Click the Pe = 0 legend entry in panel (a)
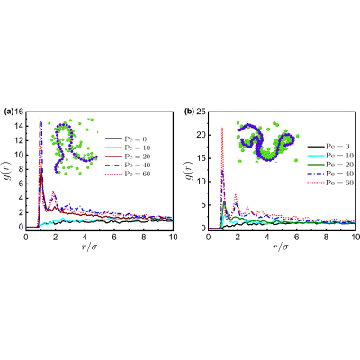click(x=128, y=139)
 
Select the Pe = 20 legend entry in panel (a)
click(x=128, y=157)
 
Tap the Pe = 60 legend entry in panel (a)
click(x=128, y=174)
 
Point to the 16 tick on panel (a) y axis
click(x=19, y=112)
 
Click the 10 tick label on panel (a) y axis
click(x=19, y=155)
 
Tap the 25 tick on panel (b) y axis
click(x=201, y=112)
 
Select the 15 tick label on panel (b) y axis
click(x=201, y=158)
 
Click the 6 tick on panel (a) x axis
click(x=114, y=237)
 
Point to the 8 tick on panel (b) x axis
click(x=326, y=237)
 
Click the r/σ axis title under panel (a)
click(x=90, y=247)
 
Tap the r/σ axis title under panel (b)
click(x=281, y=247)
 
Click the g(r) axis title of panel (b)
click(x=191, y=170)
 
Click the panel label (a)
click(x=9, y=112)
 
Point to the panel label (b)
click(x=190, y=112)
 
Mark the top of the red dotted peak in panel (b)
click(x=222, y=128)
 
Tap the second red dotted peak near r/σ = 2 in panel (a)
click(x=53, y=191)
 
